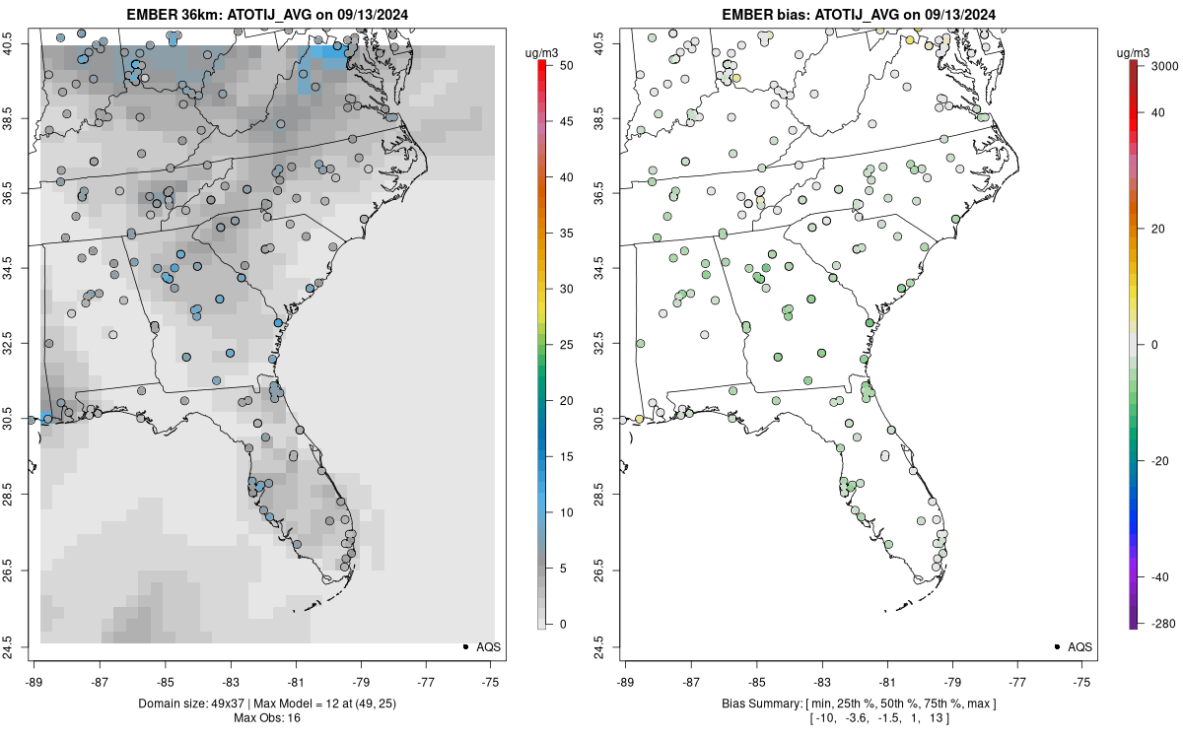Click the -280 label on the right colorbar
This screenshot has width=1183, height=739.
[x=1153, y=624]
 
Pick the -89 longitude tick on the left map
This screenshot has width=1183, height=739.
[x=34, y=681]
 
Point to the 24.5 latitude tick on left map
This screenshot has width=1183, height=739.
[x=20, y=646]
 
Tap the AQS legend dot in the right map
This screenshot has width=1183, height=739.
[x=1056, y=646]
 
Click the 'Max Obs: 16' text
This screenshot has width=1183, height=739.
[x=266, y=717]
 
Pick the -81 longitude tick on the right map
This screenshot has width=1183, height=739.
[x=886, y=681]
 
